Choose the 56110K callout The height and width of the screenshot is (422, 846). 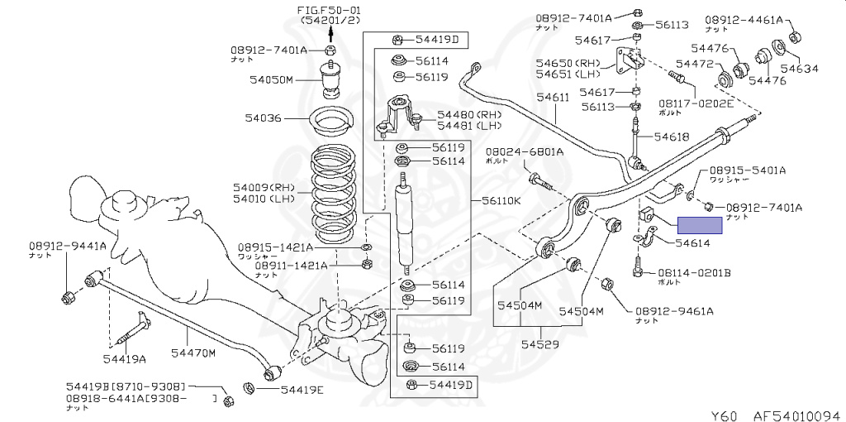(x=500, y=201)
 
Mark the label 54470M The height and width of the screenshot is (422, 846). (x=193, y=354)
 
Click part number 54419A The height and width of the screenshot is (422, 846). (x=124, y=358)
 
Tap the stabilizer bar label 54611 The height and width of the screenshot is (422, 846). (x=553, y=98)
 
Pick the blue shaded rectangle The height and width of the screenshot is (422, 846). (x=700, y=224)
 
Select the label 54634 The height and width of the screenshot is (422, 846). (x=799, y=69)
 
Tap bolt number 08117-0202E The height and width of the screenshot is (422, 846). (x=696, y=103)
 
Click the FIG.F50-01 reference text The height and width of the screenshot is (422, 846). (x=330, y=9)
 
